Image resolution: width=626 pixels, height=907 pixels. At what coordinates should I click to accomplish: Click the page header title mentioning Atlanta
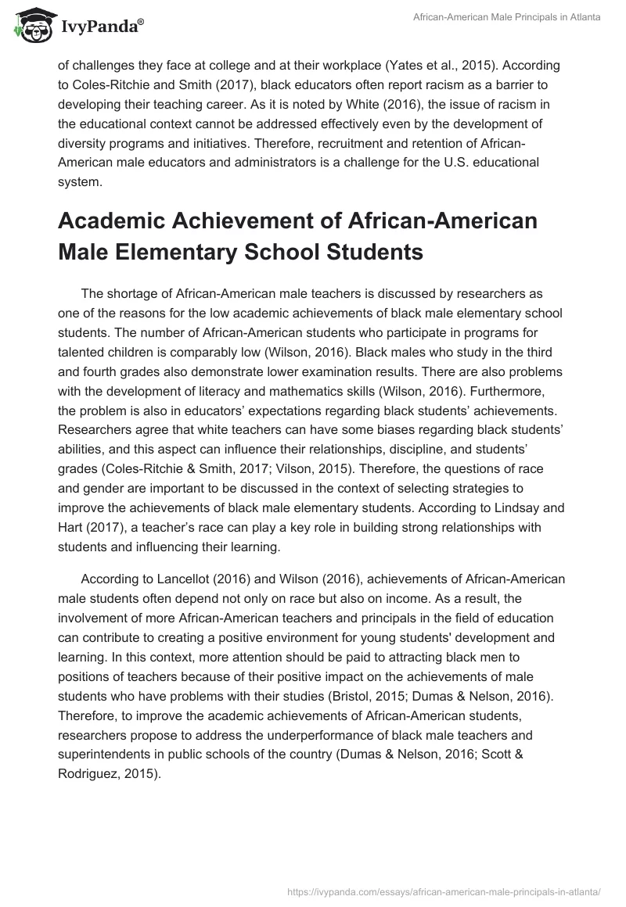[506, 17]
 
